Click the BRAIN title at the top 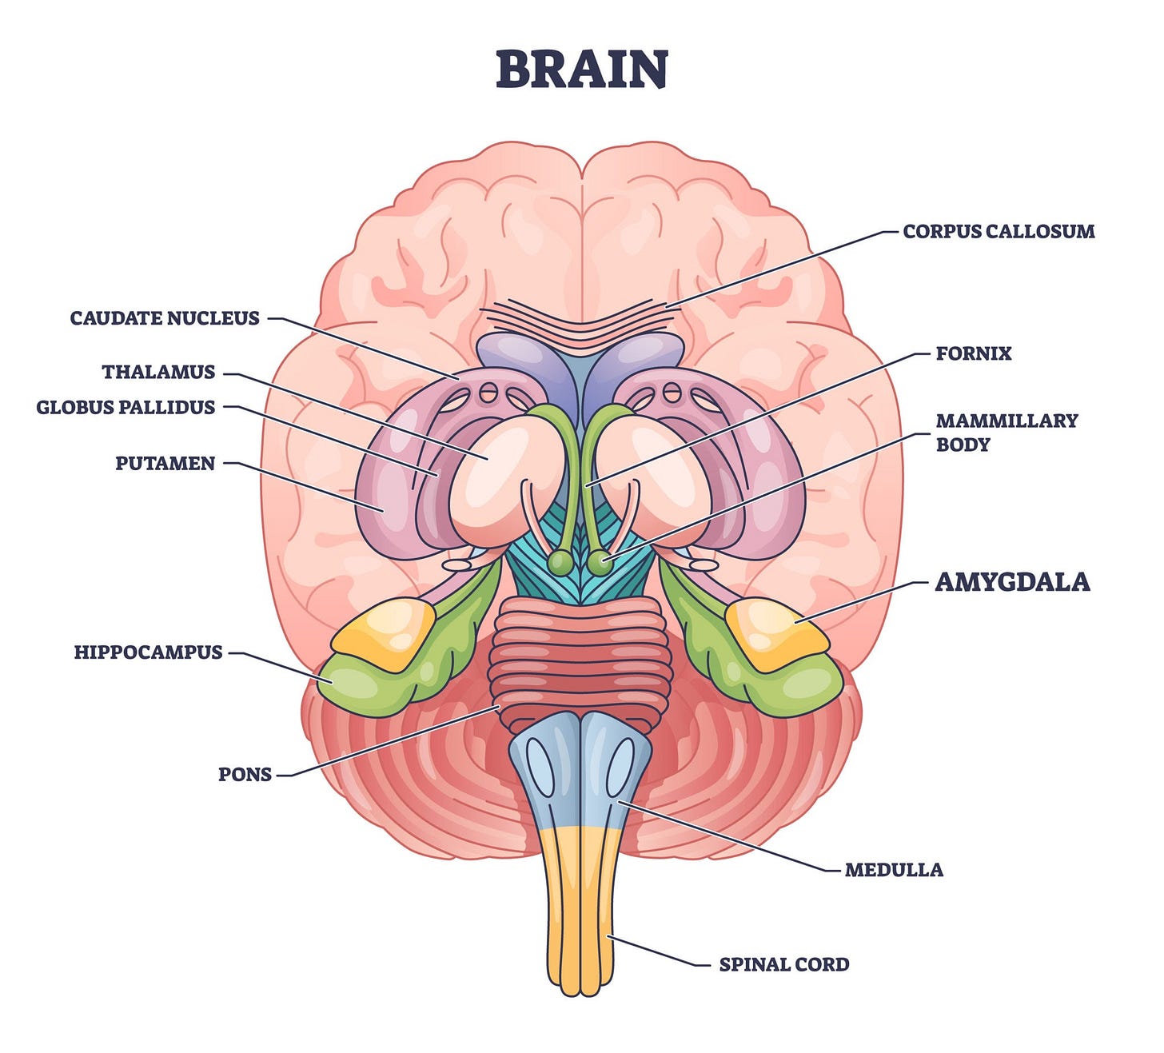pos(581,70)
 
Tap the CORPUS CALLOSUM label pos(999,232)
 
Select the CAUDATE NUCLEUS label pos(165,318)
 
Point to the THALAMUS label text pos(158,372)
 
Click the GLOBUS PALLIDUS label pos(126,407)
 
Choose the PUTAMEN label pos(165,463)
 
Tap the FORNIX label pos(973,353)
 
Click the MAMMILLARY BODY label pos(1006,432)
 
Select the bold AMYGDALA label pos(1012,581)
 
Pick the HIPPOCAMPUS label pos(148,652)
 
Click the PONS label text pos(245,774)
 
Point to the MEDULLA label pos(894,869)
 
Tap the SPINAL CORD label pos(783,964)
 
